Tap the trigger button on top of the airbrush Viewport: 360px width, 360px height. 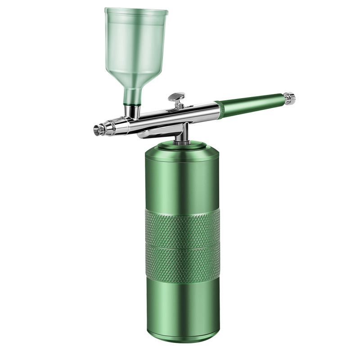pos(176,96)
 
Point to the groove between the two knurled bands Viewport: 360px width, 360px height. pos(182,246)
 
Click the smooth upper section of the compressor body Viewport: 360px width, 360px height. pos(182,180)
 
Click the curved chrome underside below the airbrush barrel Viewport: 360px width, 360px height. pos(157,133)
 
